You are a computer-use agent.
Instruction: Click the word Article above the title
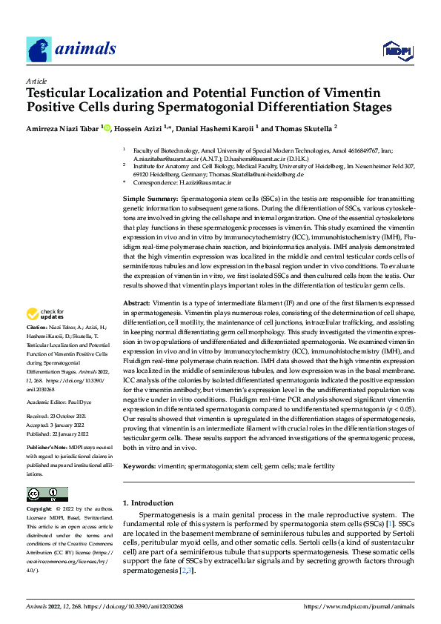pos(36,81)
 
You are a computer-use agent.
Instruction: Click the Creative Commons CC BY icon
pos(47,494)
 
